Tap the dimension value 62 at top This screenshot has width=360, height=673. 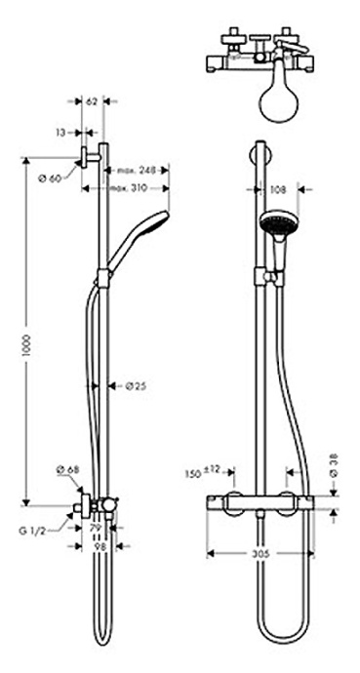(92, 101)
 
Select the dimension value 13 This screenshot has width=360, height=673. (61, 130)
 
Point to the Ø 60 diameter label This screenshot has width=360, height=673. (49, 178)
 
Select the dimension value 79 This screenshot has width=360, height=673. (96, 528)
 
